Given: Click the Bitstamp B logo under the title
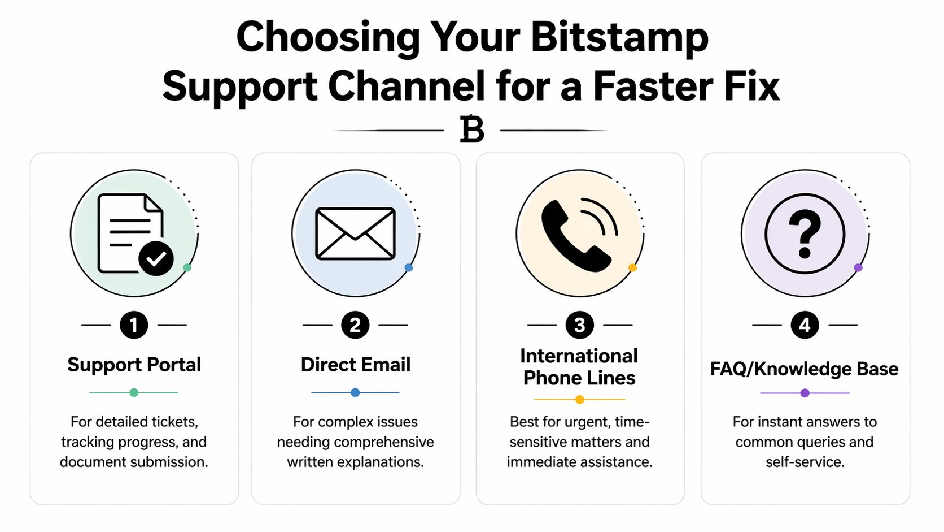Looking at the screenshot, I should [472, 130].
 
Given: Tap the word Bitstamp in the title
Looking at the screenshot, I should [619, 37].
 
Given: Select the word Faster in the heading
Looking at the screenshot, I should [653, 86].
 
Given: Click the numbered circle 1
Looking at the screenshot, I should [134, 325].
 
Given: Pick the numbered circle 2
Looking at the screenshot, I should [355, 325].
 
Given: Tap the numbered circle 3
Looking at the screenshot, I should [579, 325].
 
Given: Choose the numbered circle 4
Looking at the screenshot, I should [805, 325].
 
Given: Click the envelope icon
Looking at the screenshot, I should [355, 233].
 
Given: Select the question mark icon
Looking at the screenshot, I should [805, 233].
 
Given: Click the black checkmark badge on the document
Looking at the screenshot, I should [156, 259].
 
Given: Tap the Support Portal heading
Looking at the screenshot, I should [134, 365].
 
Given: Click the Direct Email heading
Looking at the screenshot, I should [355, 365].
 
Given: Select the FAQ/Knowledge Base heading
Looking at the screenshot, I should [804, 369].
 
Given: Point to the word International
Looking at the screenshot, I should [579, 356].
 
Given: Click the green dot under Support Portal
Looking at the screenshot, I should [134, 392].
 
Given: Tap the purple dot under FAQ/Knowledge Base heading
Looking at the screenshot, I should [805, 393].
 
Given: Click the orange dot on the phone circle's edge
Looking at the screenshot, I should [632, 268].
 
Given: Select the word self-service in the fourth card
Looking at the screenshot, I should [805, 462].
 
